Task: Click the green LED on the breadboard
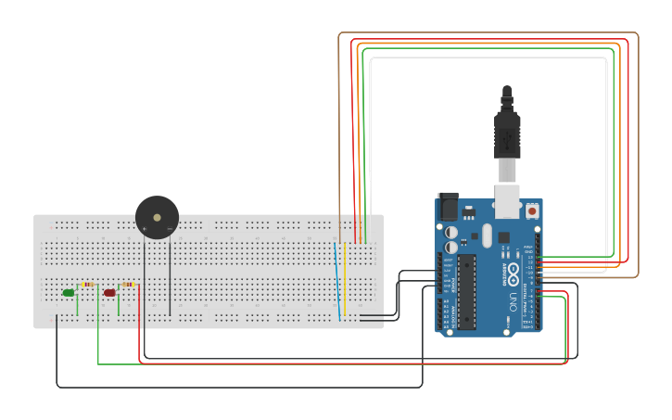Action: coord(69,293)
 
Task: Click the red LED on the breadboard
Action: coord(109,293)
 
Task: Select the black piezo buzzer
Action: coord(157,218)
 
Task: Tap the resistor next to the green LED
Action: coord(88,285)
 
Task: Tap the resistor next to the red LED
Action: coord(128,285)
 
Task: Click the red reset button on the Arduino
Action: coord(533,211)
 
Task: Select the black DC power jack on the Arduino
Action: coord(448,206)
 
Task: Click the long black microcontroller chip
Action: coord(467,291)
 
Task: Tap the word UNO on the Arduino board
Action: coord(513,301)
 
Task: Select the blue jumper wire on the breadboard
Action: coord(336,278)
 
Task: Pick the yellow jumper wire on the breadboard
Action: coord(345,278)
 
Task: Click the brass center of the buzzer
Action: coord(157,218)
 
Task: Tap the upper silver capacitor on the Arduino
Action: coord(451,232)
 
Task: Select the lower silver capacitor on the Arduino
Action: coord(451,248)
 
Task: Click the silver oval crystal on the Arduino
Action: coord(487,235)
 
